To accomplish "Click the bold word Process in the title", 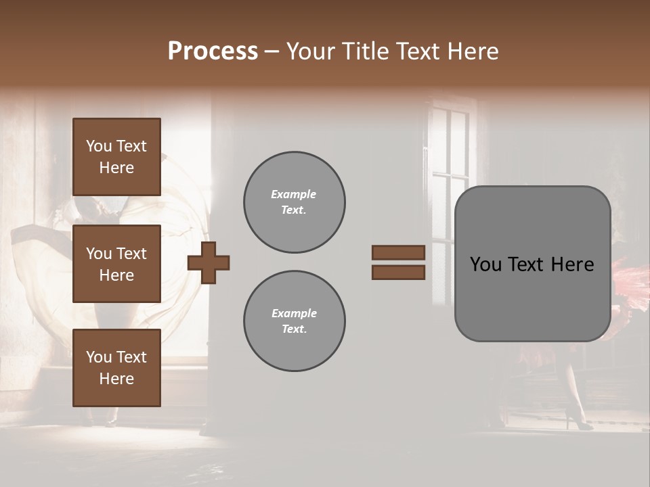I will (213, 51).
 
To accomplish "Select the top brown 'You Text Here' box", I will (116, 157).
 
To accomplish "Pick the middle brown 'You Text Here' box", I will (116, 264).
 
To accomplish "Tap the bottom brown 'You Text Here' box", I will (116, 367).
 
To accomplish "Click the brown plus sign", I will (209, 262).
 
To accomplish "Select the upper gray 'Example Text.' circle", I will (295, 202).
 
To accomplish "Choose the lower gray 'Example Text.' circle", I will (295, 321).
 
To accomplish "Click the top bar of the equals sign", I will (398, 253).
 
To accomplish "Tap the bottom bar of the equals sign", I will (398, 273).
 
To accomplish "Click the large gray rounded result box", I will (532, 298).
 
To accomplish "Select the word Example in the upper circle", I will (294, 194).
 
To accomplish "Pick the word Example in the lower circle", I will (294, 313).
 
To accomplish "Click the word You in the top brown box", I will (97, 146).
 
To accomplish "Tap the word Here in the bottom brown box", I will (116, 379).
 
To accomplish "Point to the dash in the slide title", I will (272, 51).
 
